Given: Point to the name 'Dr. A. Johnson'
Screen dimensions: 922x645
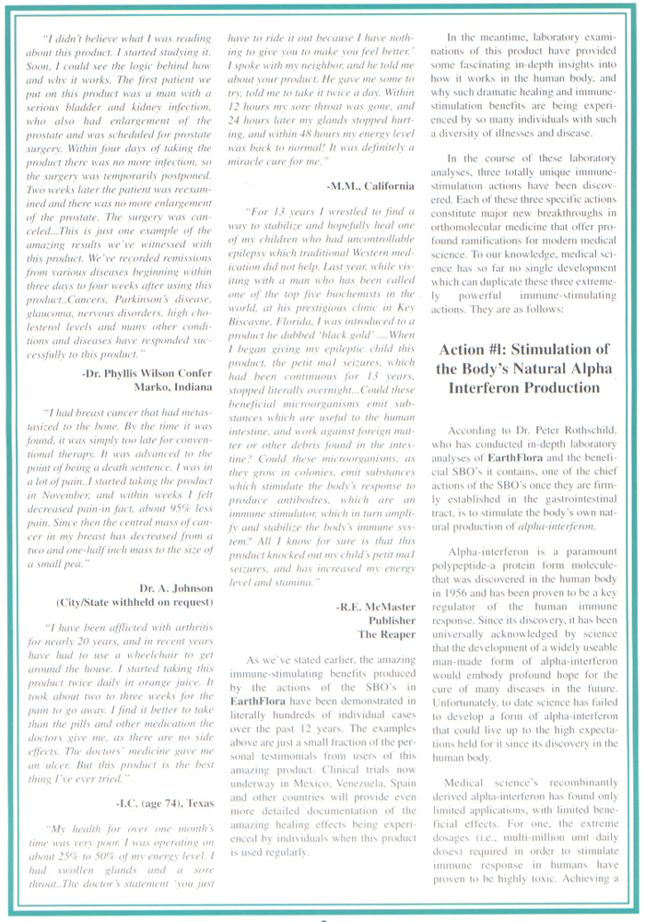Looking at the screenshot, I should click(177, 587).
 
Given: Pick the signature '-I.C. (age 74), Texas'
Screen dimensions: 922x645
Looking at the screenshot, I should click(163, 804).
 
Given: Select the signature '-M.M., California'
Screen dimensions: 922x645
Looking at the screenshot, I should click(363, 185).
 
